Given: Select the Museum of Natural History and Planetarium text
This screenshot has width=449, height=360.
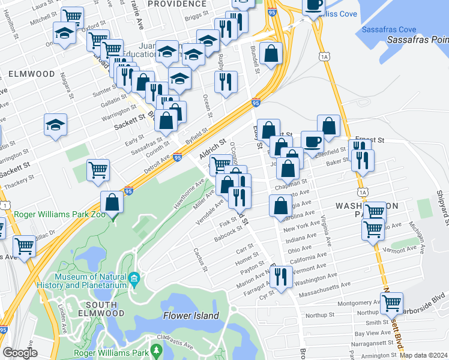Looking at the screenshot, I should pyautogui.click(x=91, y=281).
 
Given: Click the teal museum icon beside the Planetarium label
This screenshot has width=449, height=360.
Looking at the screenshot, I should pyautogui.click(x=134, y=278).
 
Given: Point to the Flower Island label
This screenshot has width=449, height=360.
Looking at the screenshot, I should pyautogui.click(x=191, y=315).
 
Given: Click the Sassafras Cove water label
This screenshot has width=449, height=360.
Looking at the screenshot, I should pyautogui.click(x=389, y=29).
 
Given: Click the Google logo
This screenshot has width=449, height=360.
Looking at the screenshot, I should pyautogui.click(x=20, y=353).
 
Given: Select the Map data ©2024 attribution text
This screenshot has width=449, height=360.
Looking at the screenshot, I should pyautogui.click(x=424, y=355).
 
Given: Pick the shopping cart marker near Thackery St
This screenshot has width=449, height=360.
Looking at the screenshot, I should pyautogui.click(x=97, y=169).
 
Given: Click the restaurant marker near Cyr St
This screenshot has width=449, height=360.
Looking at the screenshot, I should pyautogui.click(x=280, y=277).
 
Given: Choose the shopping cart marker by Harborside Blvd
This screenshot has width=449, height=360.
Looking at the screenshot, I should pyautogui.click(x=392, y=304).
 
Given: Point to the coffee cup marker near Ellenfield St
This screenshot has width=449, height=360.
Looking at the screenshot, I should pyautogui.click(x=312, y=142).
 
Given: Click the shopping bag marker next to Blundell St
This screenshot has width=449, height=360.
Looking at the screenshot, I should pyautogui.click(x=271, y=53).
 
